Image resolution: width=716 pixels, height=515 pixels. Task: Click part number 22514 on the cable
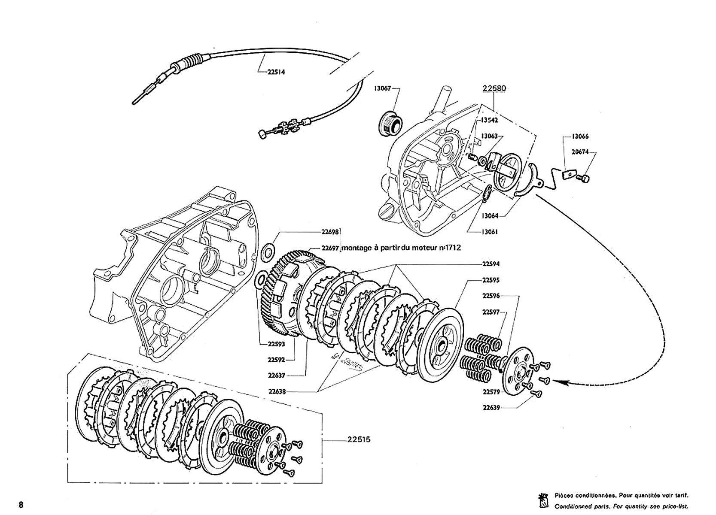276,72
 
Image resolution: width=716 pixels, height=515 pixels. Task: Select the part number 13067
382,88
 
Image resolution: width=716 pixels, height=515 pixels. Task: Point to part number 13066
580,136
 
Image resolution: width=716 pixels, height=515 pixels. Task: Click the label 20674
580,152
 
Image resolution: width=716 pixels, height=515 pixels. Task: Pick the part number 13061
489,232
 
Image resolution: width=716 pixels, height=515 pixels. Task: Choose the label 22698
330,232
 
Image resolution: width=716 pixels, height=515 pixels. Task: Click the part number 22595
491,280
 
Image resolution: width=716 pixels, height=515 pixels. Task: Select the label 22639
491,408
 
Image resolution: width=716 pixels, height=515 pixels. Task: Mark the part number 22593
276,344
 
